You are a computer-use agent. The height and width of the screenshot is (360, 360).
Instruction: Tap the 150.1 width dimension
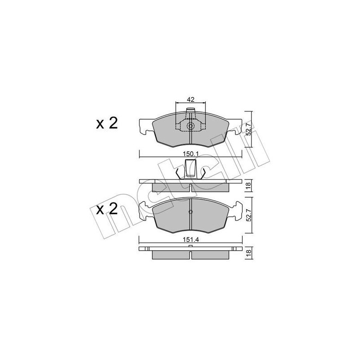pos(190,153)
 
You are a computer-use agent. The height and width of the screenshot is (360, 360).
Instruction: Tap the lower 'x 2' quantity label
pos(107,209)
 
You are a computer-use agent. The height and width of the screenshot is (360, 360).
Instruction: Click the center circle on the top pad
pos(190,126)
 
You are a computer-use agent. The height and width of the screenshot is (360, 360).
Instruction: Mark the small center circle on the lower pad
pos(190,212)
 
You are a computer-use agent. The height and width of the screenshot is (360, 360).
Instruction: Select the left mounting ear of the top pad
pos(145,127)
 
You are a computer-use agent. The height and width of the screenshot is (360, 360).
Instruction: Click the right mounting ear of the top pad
pos(235,127)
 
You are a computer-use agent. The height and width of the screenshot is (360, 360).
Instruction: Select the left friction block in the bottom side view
pos(171,254)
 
